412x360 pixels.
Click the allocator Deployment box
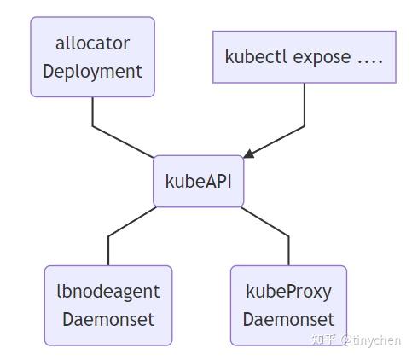coord(92,57)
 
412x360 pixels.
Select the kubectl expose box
coord(304,56)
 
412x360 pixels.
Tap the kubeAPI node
coord(198,181)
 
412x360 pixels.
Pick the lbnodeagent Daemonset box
coord(108,305)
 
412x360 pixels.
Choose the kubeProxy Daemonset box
coord(288,305)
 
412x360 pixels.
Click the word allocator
coord(92,44)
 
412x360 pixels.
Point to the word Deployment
coord(92,71)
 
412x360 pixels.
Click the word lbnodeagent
coord(108,292)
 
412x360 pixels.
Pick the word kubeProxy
coord(288,292)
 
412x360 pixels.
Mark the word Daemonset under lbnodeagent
coord(108,320)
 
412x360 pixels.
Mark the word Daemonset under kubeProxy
coord(288,320)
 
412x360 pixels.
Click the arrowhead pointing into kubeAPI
coord(248,154)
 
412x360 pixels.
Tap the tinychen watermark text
coord(356,340)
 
